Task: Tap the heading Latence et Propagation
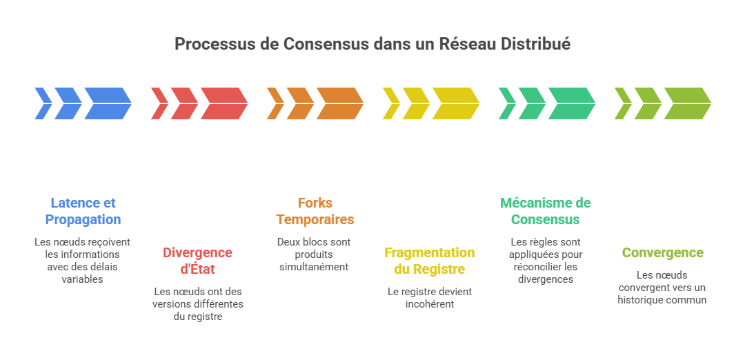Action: pyautogui.click(x=83, y=211)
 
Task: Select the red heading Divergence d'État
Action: pyautogui.click(x=198, y=261)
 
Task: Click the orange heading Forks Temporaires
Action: pyautogui.click(x=315, y=211)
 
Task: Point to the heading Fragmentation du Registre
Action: pyautogui.click(x=430, y=261)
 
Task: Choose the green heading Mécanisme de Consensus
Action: pyautogui.click(x=546, y=211)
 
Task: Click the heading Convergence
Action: pyautogui.click(x=662, y=252)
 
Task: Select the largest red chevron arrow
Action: pyautogui.click(x=223, y=103)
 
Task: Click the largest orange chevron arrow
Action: pyautogui.click(x=339, y=103)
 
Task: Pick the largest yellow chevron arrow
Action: pyautogui.click(x=455, y=103)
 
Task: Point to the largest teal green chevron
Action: pyautogui.click(x=570, y=103)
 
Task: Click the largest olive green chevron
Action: pyautogui.click(x=686, y=103)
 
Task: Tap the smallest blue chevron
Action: pyautogui.click(x=41, y=103)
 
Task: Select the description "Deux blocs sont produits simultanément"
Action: pyautogui.click(x=314, y=254)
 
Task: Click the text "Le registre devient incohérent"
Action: pyautogui.click(x=430, y=297)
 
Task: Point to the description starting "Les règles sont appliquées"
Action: pyautogui.click(x=546, y=261)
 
